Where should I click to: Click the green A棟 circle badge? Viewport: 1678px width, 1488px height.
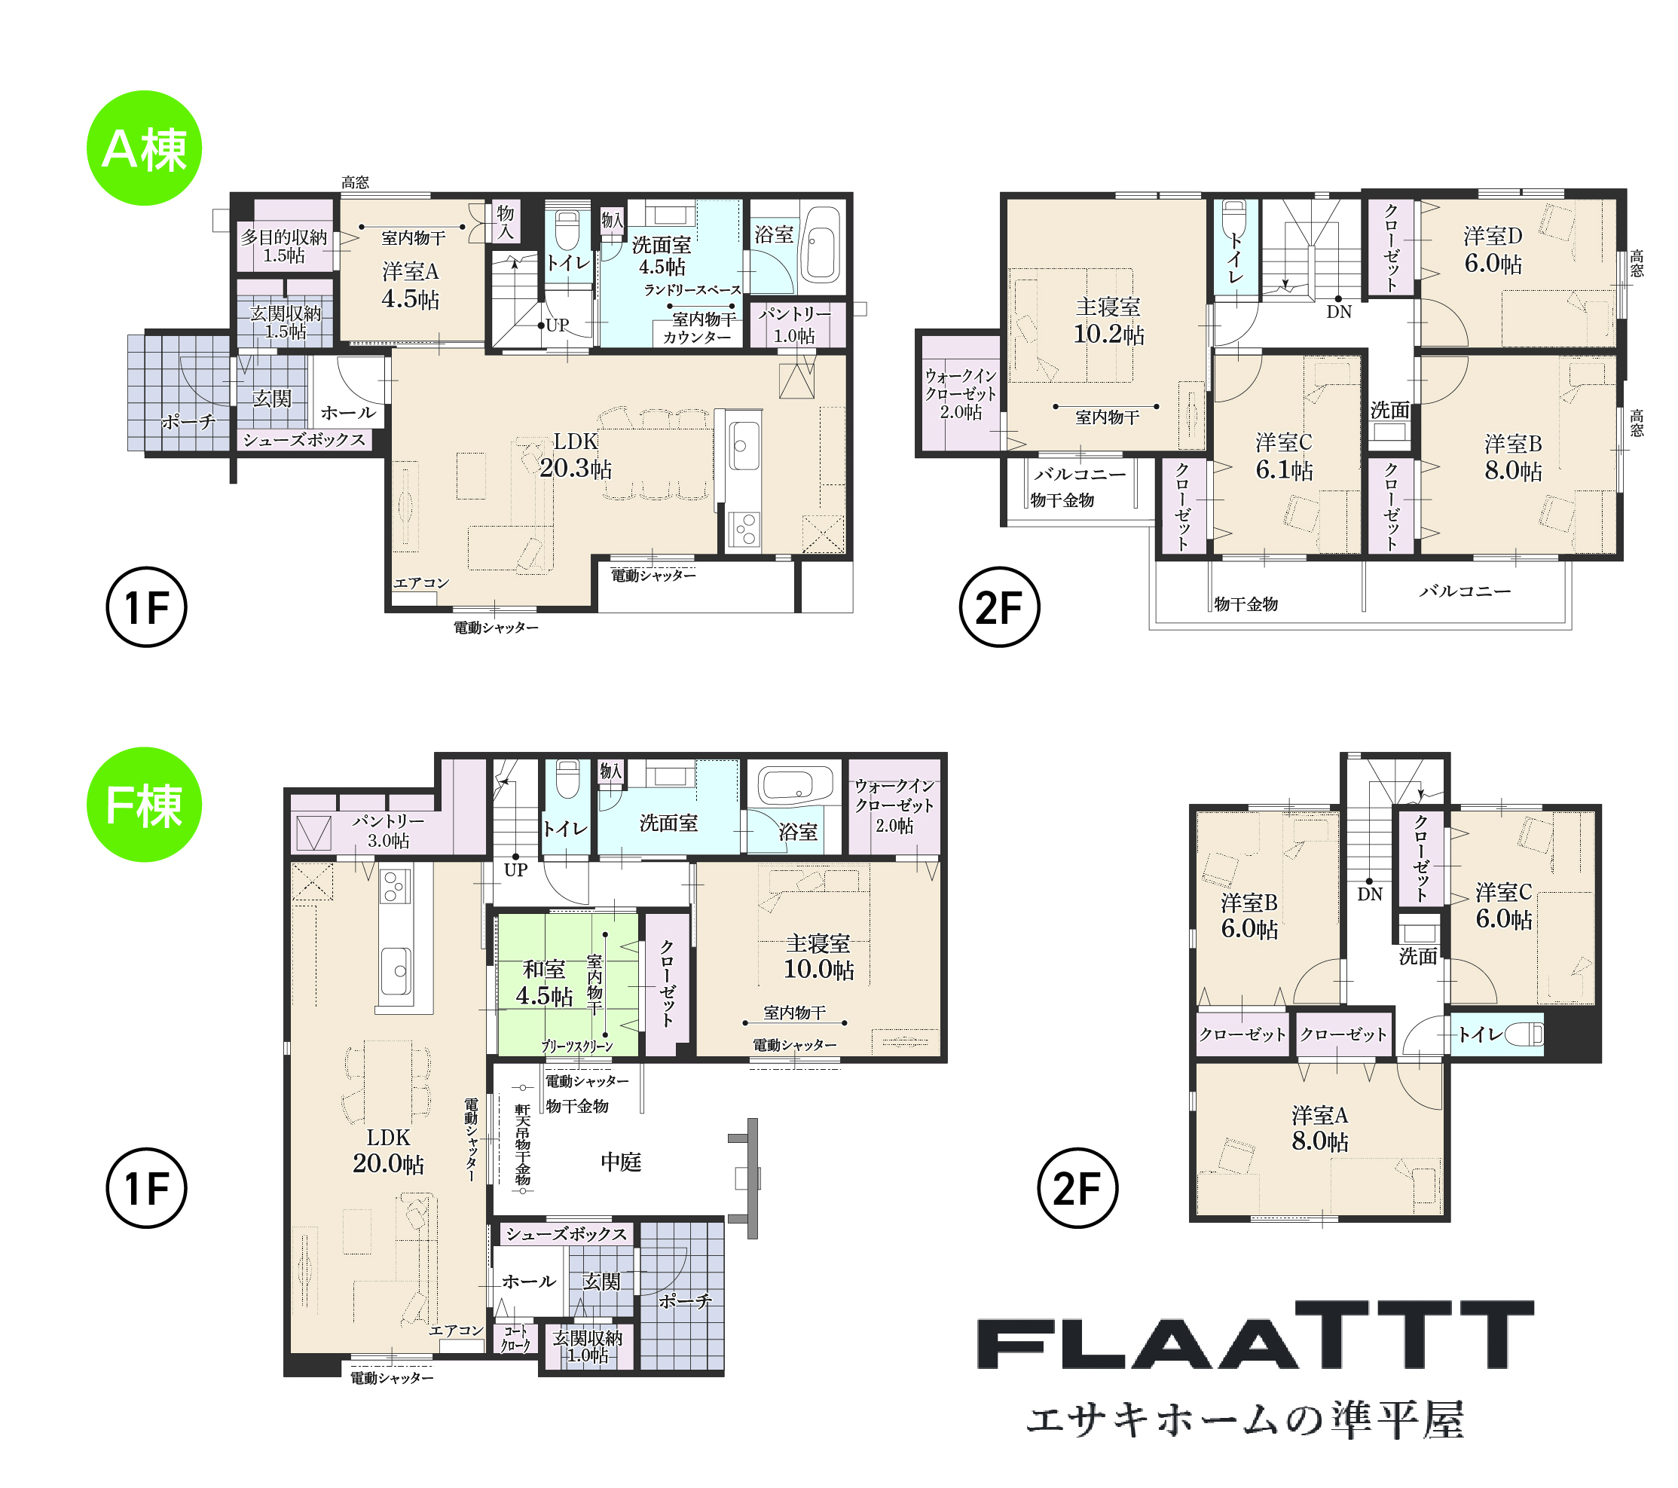point(145,148)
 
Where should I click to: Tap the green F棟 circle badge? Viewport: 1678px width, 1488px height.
point(145,805)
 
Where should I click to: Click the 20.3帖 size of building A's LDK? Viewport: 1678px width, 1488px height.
point(576,468)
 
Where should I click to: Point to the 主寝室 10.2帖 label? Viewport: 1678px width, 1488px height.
point(1108,321)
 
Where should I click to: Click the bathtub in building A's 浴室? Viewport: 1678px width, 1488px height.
point(821,244)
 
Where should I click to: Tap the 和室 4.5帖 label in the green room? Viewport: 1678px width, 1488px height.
point(543,982)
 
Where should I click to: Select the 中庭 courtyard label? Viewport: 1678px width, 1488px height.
point(621,1161)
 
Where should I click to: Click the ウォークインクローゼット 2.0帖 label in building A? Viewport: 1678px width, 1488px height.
point(961,394)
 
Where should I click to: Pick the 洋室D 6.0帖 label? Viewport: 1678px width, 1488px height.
point(1493,250)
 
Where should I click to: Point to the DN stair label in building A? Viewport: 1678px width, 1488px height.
point(1339,312)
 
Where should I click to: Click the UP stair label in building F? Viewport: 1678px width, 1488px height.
point(515,870)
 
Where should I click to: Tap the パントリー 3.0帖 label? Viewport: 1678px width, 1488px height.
point(388,830)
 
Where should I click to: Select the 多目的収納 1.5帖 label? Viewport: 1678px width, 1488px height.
point(284,246)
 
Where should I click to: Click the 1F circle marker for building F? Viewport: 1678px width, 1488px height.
point(147,1187)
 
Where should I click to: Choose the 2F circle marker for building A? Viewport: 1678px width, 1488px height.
point(999,607)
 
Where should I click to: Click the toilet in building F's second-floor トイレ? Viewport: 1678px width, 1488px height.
point(1524,1034)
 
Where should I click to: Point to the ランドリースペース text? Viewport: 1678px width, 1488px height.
point(692,290)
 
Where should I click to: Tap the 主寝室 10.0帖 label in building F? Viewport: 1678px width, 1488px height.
point(818,956)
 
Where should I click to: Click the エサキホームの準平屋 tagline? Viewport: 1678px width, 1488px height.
point(1246,1420)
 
